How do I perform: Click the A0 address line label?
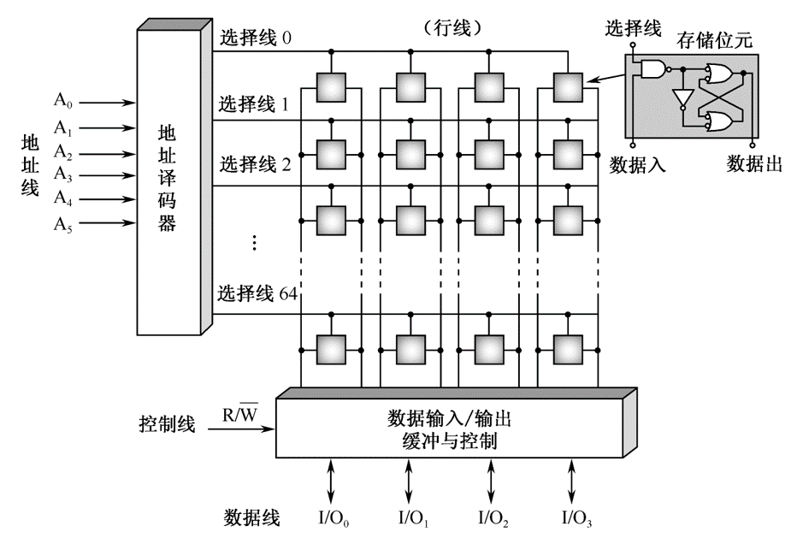(63, 100)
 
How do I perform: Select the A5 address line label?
(63, 223)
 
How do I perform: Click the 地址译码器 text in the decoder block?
(168, 179)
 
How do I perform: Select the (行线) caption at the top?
(452, 27)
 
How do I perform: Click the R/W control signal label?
(241, 415)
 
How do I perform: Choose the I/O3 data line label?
(576, 518)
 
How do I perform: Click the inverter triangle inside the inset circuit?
(682, 98)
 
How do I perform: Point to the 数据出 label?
(754, 163)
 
